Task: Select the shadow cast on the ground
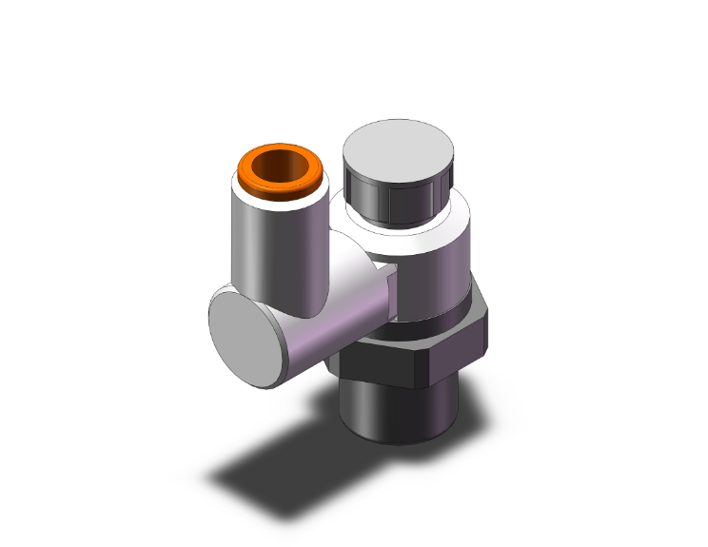click(x=285, y=447)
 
